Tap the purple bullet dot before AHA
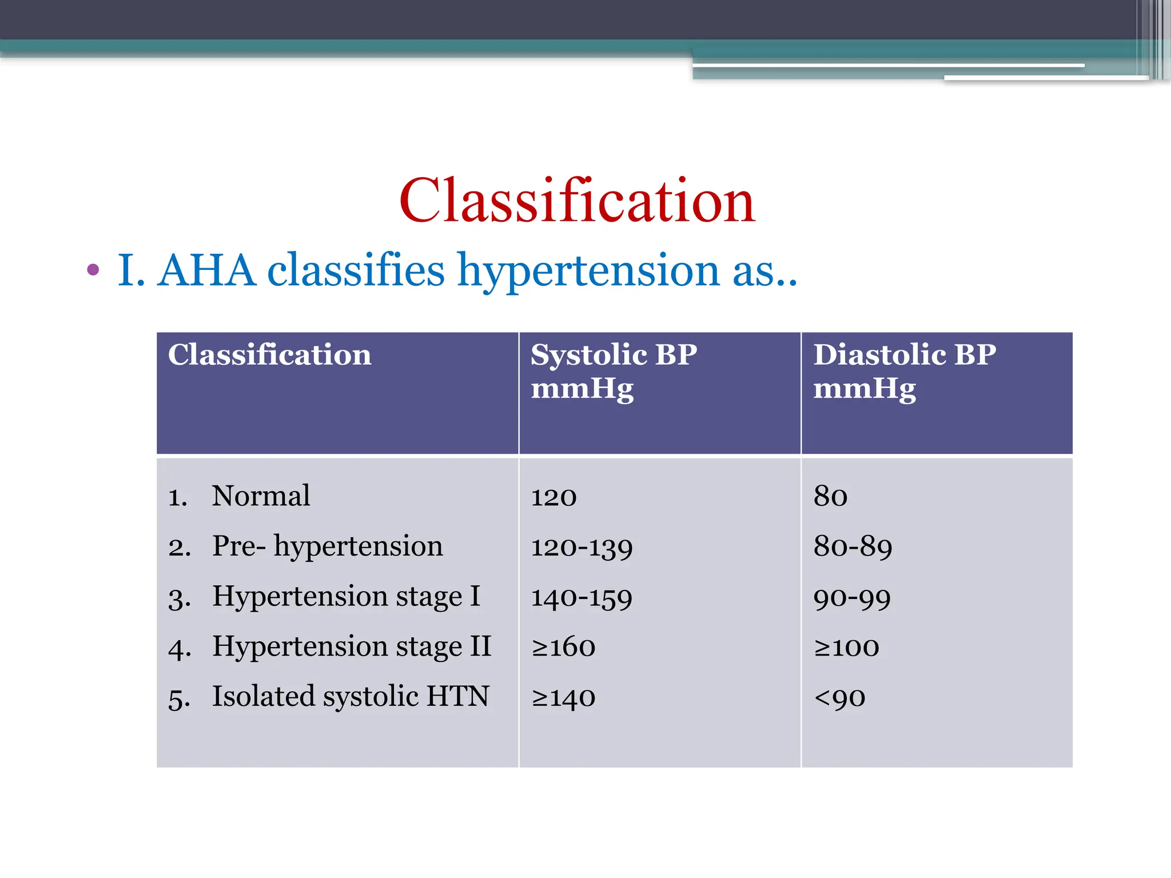93,270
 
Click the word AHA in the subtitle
206,270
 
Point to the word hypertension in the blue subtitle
588,272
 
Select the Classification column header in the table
269,355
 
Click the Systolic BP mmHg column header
614,372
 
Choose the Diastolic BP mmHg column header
905,372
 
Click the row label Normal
261,496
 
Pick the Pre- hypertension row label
328,546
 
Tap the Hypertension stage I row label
346,597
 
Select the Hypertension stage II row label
352,647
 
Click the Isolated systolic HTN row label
350,697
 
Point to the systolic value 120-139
581,548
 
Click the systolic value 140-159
581,598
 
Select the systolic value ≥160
563,647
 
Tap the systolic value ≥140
563,697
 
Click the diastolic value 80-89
853,547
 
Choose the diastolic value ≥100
846,647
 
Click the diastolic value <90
839,698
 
